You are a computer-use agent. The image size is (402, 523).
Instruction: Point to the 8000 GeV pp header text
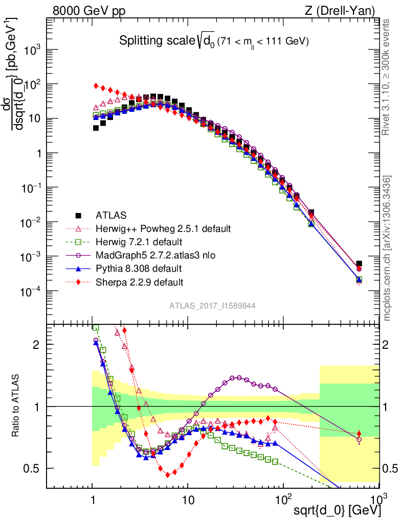click(89, 10)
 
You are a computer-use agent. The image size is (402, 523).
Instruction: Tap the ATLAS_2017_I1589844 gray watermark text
click(212, 305)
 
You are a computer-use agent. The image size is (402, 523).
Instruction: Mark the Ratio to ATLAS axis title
click(17, 406)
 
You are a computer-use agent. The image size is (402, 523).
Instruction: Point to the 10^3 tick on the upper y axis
click(34, 50)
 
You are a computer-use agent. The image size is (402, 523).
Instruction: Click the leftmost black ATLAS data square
click(96, 128)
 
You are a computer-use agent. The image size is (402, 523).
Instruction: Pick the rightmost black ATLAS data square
click(359, 264)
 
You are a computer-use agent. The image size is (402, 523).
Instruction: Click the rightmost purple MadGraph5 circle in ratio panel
click(359, 439)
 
